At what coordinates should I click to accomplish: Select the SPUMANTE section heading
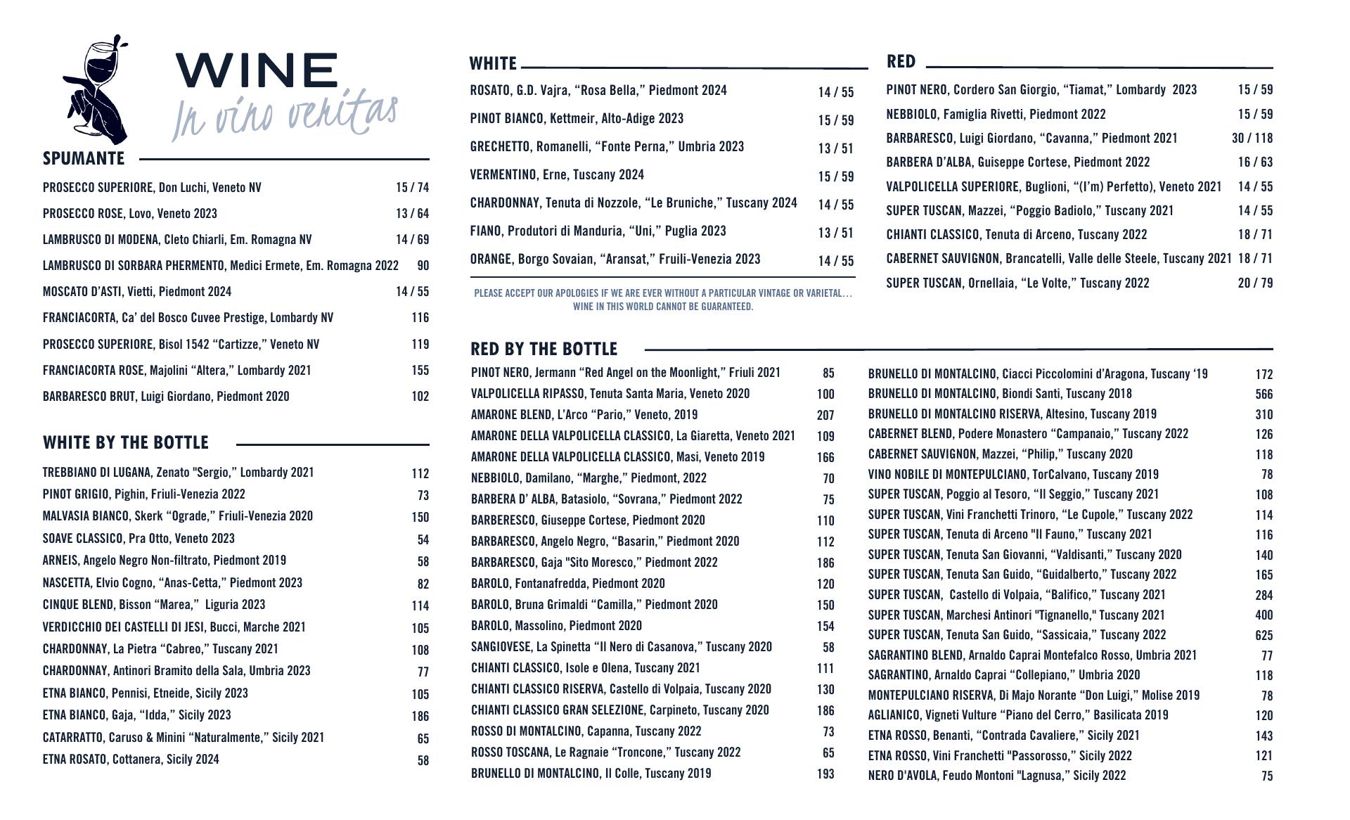[84, 159]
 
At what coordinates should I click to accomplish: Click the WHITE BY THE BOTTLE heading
[126, 443]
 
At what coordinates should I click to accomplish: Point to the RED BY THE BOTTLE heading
[544, 350]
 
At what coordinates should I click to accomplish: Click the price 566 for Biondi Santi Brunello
[1264, 395]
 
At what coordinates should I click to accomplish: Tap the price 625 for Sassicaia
[1264, 636]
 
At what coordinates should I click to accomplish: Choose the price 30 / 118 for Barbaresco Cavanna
[1252, 139]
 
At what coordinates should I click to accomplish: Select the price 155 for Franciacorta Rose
[420, 371]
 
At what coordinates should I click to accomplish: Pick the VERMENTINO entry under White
[557, 175]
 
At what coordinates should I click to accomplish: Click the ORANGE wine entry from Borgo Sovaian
[615, 260]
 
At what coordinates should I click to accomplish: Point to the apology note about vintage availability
[662, 300]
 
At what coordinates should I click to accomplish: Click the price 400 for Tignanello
[1264, 615]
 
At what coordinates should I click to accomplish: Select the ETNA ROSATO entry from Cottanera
[131, 760]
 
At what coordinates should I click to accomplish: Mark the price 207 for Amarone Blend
[825, 416]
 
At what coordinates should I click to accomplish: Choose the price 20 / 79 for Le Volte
[1255, 283]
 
